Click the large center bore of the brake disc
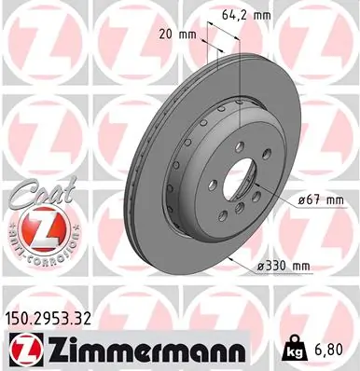(244, 177)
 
